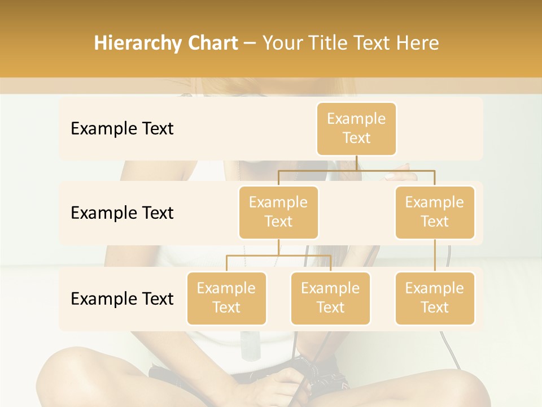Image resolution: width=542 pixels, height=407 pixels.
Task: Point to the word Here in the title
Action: pos(418,44)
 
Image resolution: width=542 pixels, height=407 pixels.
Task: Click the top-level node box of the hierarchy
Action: pos(356,129)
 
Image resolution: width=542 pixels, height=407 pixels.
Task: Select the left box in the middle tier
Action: pos(278,212)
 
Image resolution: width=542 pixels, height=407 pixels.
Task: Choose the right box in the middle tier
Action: pos(435,212)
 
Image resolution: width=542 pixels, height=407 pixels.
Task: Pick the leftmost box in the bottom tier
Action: pos(226,298)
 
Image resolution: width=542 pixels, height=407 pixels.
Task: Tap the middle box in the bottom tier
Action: pos(330,298)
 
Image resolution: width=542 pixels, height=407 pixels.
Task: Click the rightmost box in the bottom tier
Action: pos(435,298)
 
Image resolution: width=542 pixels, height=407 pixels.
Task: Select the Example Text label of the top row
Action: pos(122,129)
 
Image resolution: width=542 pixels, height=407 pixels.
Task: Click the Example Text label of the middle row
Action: pos(122,213)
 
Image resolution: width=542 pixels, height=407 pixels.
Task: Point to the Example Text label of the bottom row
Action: pos(122,298)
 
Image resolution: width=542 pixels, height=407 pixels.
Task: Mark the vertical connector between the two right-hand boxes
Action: pos(435,256)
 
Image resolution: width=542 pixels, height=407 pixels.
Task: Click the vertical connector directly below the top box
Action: pos(356,163)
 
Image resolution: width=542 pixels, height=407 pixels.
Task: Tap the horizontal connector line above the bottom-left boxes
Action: pos(278,256)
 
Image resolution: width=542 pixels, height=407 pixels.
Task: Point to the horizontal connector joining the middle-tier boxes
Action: pos(356,170)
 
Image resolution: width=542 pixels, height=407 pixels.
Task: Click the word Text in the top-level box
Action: pos(356,138)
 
